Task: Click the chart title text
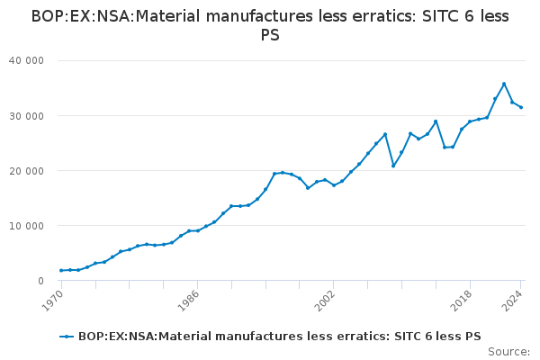[270, 25]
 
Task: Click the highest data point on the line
[504, 84]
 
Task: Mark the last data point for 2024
[521, 107]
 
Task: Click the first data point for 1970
[61, 270]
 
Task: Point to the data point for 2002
[334, 184]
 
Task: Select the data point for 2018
[470, 121]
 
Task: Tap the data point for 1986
[198, 230]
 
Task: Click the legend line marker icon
[66, 337]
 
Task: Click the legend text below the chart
[279, 337]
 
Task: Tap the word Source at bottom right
[508, 352]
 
